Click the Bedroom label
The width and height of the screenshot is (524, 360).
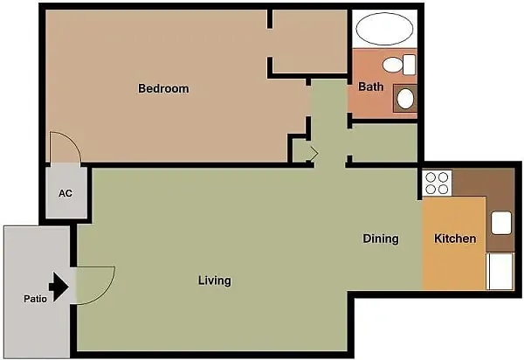tap(163, 88)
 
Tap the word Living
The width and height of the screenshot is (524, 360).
tap(215, 280)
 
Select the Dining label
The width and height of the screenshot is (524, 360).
tap(381, 239)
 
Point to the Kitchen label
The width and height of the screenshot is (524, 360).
tap(455, 239)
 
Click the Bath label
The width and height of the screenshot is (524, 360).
tap(371, 87)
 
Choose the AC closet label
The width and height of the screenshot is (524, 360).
tap(65, 193)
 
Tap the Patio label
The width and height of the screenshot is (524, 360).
tap(35, 299)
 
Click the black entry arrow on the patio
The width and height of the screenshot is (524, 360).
tap(59, 287)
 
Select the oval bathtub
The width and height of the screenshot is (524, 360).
tap(384, 29)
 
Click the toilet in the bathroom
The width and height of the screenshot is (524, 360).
tap(399, 65)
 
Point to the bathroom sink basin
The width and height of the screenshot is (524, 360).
tap(405, 99)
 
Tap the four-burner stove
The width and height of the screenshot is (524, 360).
tap(438, 183)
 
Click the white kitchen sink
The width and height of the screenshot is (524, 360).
tap(501, 223)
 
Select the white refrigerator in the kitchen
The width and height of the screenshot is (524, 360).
tap(500, 271)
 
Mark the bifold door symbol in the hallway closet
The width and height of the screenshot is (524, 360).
tap(314, 154)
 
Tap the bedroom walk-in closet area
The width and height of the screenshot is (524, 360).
tap(310, 41)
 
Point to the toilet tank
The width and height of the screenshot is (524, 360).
tap(409, 65)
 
